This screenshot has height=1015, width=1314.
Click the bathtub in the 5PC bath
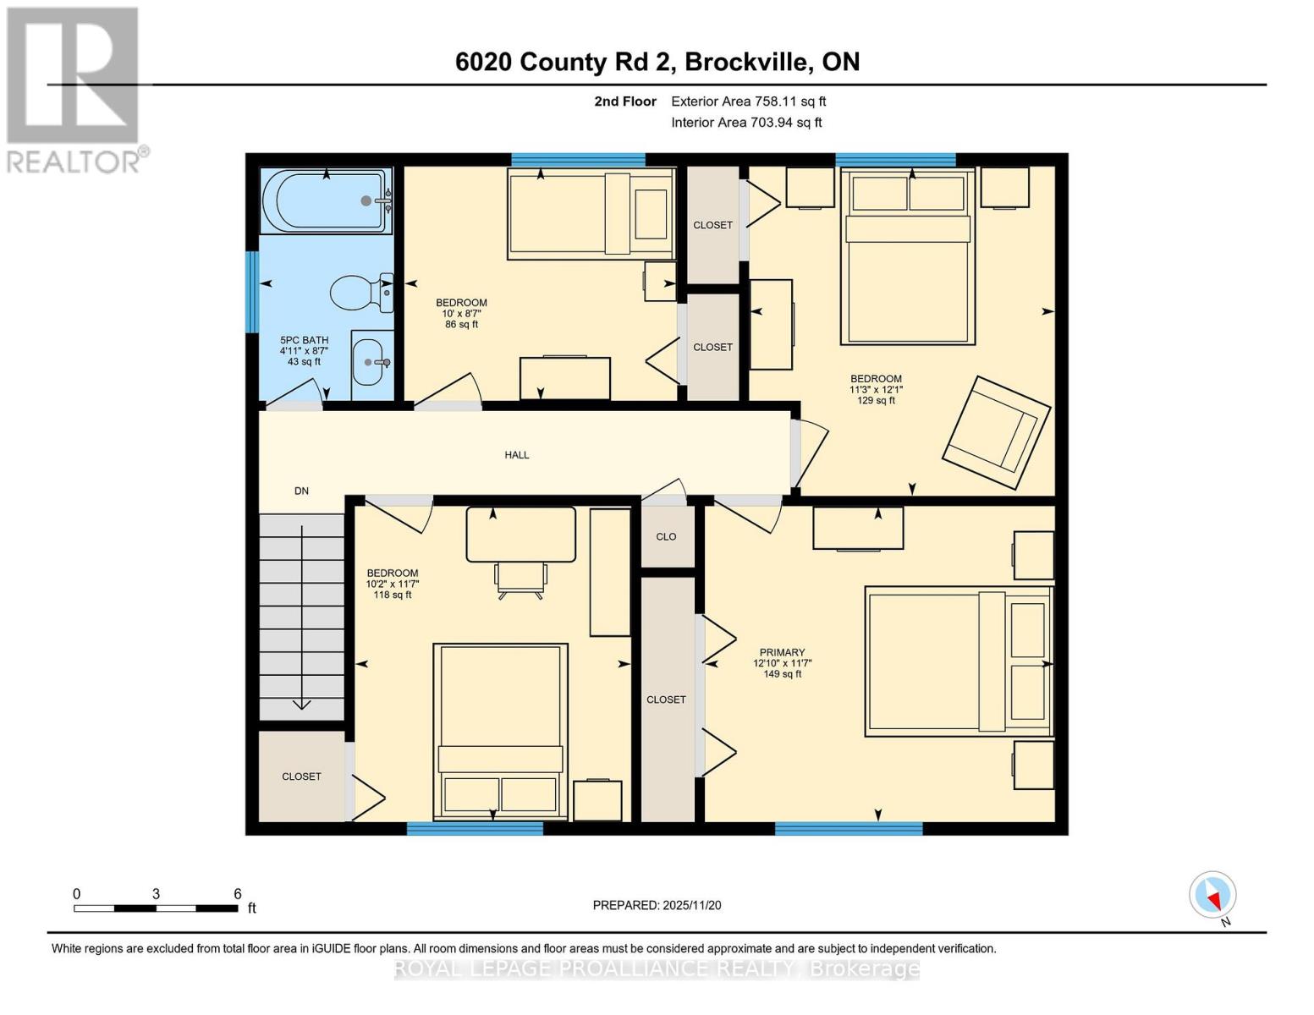pos(326,201)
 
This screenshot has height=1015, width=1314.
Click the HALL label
pos(516,455)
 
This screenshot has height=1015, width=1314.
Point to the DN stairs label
pos(301,491)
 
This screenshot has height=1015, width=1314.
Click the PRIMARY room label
pos(781,652)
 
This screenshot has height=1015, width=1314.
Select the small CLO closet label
pos(666,536)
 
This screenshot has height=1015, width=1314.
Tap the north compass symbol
pos(1212,895)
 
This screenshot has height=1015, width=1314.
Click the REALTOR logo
pos(74,89)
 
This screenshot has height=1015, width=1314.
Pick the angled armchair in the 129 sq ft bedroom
pos(996,432)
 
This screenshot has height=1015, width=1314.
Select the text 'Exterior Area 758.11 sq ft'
pos(748,101)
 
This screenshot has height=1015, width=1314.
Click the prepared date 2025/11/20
pos(657,905)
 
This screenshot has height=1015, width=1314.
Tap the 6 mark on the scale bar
pos(238,894)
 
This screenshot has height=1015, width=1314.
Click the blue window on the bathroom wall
pos(251,292)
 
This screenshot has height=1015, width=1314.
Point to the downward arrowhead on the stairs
pos(301,704)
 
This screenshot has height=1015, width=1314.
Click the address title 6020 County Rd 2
pos(657,62)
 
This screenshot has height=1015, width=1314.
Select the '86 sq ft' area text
pos(461,324)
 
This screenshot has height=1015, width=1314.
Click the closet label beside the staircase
pos(301,776)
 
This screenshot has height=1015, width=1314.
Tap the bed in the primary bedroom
pos(958,661)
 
